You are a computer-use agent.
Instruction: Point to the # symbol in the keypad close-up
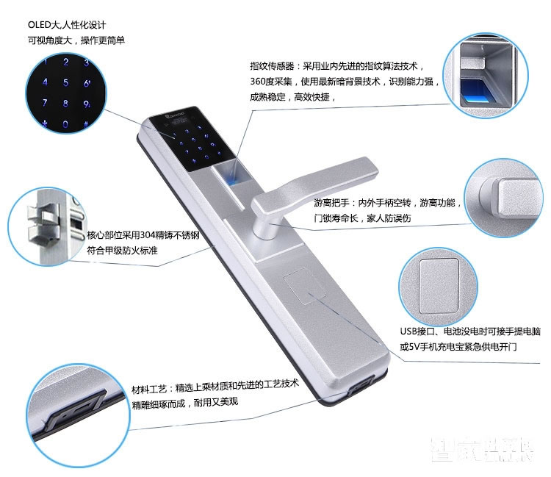click(x=85, y=122)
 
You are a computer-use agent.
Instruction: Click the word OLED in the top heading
click(x=39, y=24)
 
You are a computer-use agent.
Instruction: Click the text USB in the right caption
click(x=408, y=331)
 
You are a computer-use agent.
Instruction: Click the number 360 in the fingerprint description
click(x=259, y=81)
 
